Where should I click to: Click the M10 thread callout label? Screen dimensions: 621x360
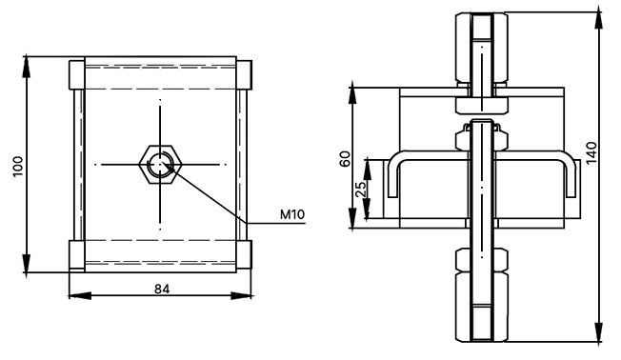(292, 214)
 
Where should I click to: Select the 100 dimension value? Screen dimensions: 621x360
(18, 167)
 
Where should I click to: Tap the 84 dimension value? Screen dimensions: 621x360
(162, 290)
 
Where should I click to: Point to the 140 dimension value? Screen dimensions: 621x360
(591, 153)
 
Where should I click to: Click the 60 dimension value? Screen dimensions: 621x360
(346, 159)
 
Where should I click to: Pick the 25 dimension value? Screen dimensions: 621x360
(360, 190)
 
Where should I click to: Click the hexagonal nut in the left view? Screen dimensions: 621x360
(160, 165)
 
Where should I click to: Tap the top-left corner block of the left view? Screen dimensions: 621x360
(77, 75)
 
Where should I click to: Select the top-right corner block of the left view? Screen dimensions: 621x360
(244, 75)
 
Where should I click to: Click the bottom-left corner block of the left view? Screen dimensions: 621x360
(77, 255)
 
